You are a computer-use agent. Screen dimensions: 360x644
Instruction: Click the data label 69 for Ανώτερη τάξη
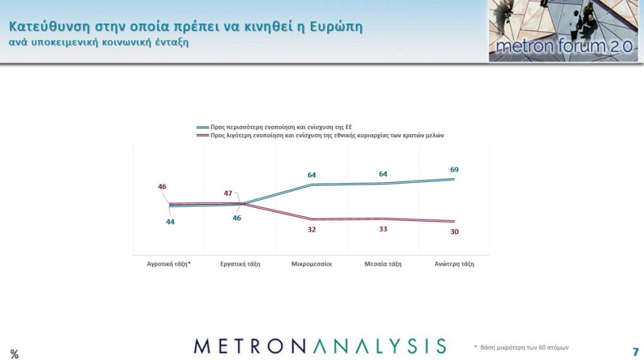pyautogui.click(x=454, y=170)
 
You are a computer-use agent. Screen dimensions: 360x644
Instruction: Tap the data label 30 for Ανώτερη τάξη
pyautogui.click(x=454, y=232)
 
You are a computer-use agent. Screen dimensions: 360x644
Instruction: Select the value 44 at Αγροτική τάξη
pyautogui.click(x=170, y=222)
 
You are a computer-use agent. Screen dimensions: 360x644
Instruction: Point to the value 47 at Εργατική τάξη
pyautogui.click(x=228, y=193)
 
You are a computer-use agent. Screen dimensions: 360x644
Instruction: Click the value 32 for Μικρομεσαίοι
pyautogui.click(x=312, y=230)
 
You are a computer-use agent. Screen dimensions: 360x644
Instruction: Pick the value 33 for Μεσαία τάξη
pyautogui.click(x=383, y=229)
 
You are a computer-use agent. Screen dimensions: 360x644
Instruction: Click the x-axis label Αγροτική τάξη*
pyautogui.click(x=169, y=264)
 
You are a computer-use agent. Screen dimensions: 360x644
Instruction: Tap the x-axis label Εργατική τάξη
pyautogui.click(x=240, y=264)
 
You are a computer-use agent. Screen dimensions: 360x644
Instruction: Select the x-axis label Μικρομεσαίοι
pyautogui.click(x=311, y=264)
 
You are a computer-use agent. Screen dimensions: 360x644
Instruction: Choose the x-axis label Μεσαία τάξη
pyautogui.click(x=383, y=264)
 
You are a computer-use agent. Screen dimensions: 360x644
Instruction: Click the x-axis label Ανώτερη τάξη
pyautogui.click(x=454, y=264)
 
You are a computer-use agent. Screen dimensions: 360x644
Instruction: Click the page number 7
pyautogui.click(x=635, y=351)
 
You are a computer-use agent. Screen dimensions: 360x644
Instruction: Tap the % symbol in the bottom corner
pyautogui.click(x=14, y=354)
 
